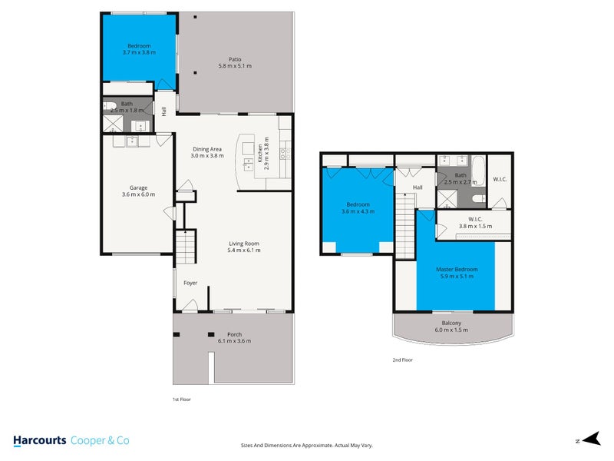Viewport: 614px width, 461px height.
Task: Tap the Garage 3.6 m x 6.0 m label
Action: [x=138, y=191]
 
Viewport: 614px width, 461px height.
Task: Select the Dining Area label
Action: [x=206, y=152]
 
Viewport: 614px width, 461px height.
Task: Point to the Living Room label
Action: [x=244, y=247]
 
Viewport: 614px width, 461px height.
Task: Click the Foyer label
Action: [x=190, y=283]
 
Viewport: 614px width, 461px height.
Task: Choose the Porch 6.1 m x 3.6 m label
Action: [x=234, y=338]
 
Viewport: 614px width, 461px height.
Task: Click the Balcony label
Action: [x=451, y=326]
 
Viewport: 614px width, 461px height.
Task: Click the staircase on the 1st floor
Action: [x=187, y=247]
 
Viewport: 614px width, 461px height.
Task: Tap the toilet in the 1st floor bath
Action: [x=109, y=107]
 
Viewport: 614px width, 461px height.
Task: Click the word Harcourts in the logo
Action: [x=39, y=440]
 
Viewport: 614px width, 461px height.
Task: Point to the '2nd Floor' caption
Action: [x=402, y=360]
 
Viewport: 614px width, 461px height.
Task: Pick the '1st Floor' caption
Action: [x=181, y=400]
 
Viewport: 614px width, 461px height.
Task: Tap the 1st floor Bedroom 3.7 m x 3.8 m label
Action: [x=139, y=49]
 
